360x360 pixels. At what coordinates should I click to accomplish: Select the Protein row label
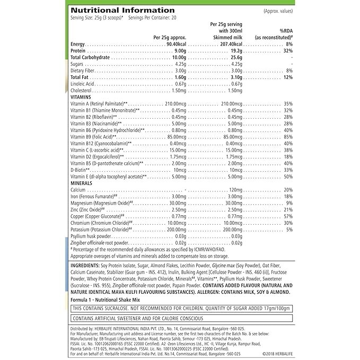(x=78, y=51)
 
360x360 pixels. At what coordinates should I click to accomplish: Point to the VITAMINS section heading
(x=81, y=98)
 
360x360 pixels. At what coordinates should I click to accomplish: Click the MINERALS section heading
(x=81, y=183)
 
